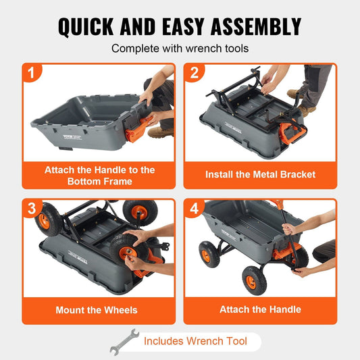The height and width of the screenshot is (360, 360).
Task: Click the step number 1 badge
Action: tap(32, 73)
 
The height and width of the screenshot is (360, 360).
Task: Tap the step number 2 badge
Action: tap(194, 73)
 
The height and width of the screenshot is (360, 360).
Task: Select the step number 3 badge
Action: tap(32, 209)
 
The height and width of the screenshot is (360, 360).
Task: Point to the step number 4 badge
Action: tap(194, 209)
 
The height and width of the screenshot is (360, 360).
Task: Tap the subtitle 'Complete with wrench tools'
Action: tap(179, 49)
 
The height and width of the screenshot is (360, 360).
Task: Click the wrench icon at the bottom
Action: tap(124, 341)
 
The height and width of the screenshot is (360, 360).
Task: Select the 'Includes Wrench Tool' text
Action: tap(195, 341)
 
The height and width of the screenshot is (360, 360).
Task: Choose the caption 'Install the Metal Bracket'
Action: tap(260, 174)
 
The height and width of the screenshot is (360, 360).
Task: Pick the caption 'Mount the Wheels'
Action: tap(97, 310)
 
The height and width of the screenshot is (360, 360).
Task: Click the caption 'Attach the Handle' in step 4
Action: tap(260, 310)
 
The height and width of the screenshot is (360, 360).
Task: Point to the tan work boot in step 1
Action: tap(161, 132)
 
